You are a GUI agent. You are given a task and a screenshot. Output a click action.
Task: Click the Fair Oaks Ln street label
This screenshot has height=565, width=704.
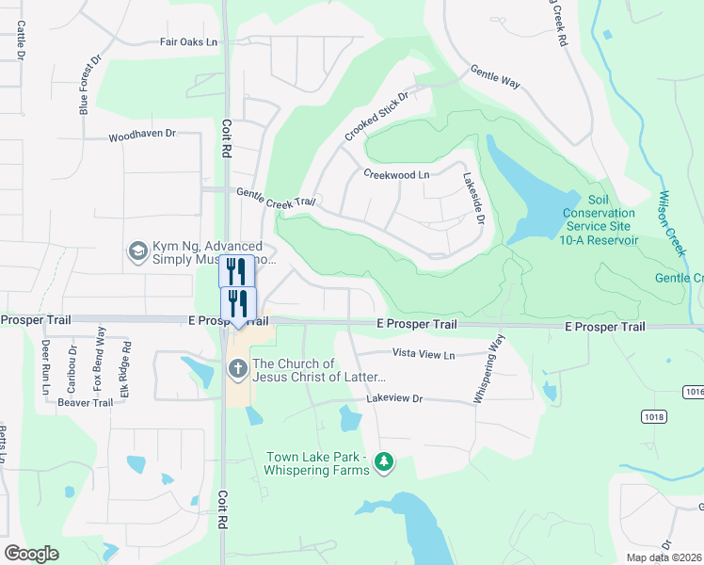tap(188, 42)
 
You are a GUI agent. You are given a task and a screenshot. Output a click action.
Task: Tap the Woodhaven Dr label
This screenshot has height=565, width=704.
tap(142, 135)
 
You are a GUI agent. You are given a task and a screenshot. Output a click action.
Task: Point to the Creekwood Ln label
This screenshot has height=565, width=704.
tap(395, 174)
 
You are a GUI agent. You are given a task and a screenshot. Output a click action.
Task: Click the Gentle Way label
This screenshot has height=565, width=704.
tap(495, 79)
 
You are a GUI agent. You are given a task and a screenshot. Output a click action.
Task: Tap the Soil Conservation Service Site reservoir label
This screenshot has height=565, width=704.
tap(600, 219)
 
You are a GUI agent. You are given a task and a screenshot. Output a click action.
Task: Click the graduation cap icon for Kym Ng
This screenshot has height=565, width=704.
tap(137, 250)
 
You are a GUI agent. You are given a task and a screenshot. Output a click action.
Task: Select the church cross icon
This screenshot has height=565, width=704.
tap(236, 370)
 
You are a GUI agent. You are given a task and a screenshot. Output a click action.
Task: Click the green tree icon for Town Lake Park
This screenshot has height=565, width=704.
tap(383, 461)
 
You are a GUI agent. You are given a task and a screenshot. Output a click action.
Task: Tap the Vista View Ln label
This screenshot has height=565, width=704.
tap(423, 354)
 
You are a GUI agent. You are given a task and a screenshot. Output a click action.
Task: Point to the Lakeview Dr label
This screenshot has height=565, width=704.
tap(397, 399)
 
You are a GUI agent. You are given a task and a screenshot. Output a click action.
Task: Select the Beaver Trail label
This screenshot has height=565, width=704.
tap(85, 402)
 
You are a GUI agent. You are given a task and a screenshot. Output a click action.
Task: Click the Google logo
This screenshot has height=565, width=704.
tap(31, 554)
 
